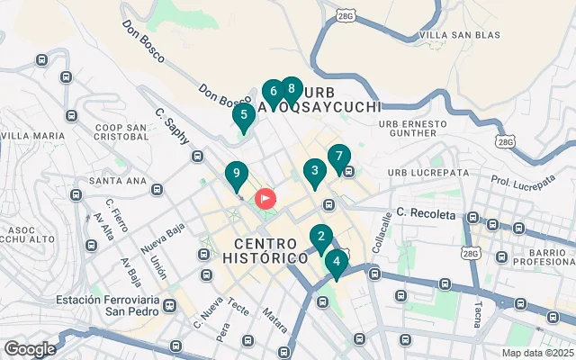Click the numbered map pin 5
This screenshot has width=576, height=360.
[x=243, y=115]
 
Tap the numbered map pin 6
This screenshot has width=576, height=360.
[x=273, y=92]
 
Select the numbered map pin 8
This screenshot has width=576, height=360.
[x=290, y=89]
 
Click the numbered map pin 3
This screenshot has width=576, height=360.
[x=314, y=170]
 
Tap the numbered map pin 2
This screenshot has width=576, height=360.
[x=320, y=238]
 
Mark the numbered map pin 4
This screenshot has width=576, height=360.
[x=336, y=263]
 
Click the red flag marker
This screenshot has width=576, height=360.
[x=266, y=198]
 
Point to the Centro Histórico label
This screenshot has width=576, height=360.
[x=271, y=251]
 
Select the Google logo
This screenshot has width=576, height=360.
[x=29, y=349]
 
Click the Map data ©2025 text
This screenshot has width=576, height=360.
[x=537, y=353]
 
